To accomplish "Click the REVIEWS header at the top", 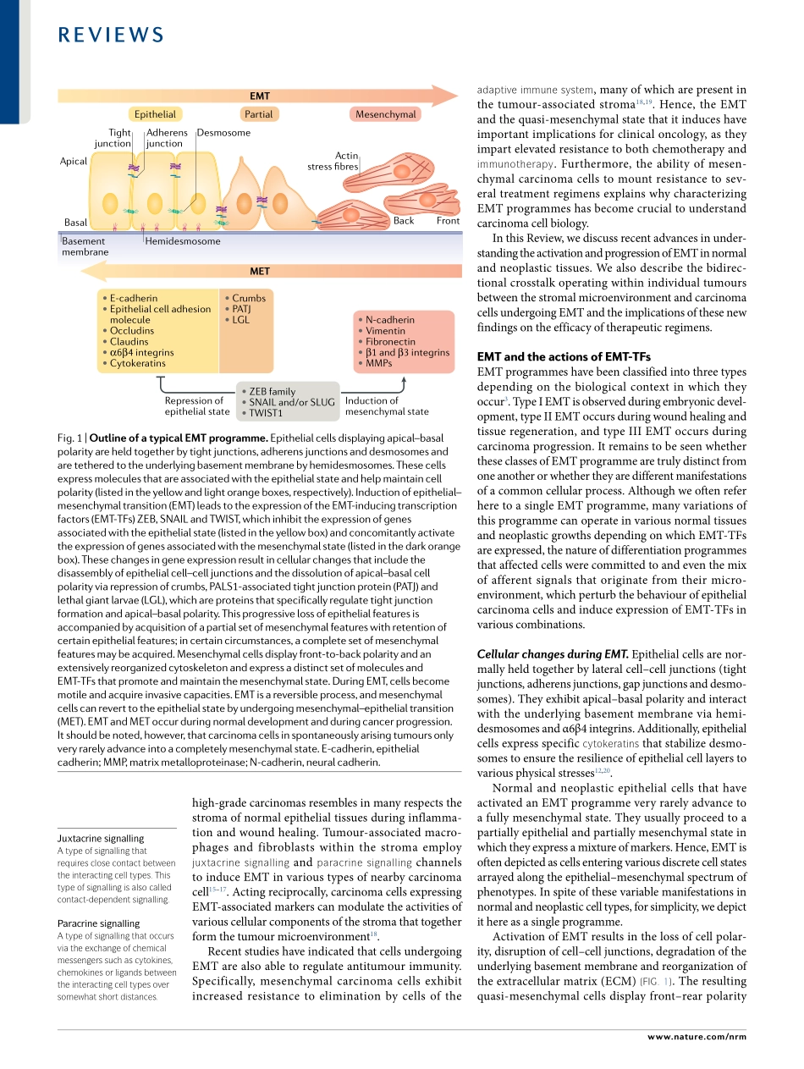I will [111, 35].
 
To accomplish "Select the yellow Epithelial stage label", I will [155, 114].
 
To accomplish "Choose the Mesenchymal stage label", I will [385, 114].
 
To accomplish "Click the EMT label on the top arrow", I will [260, 96].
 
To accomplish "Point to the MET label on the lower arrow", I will [260, 272].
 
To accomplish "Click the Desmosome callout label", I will [223, 133].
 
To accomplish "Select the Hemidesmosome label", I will [183, 241].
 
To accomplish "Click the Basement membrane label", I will [85, 246].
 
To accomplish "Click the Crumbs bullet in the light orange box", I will [249, 298].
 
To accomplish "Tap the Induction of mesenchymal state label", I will [386, 406].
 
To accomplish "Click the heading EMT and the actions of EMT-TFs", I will [564, 356].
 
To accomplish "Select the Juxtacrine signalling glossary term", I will [100, 838].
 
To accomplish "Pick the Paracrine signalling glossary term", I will [98, 923].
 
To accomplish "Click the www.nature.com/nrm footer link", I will [697, 1036].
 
